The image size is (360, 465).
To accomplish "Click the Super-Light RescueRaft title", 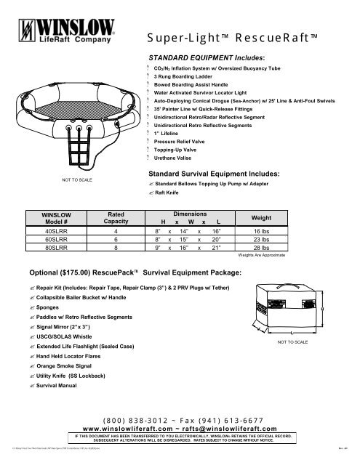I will [x=241, y=36].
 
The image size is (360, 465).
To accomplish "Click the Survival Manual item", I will [x=65, y=387].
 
